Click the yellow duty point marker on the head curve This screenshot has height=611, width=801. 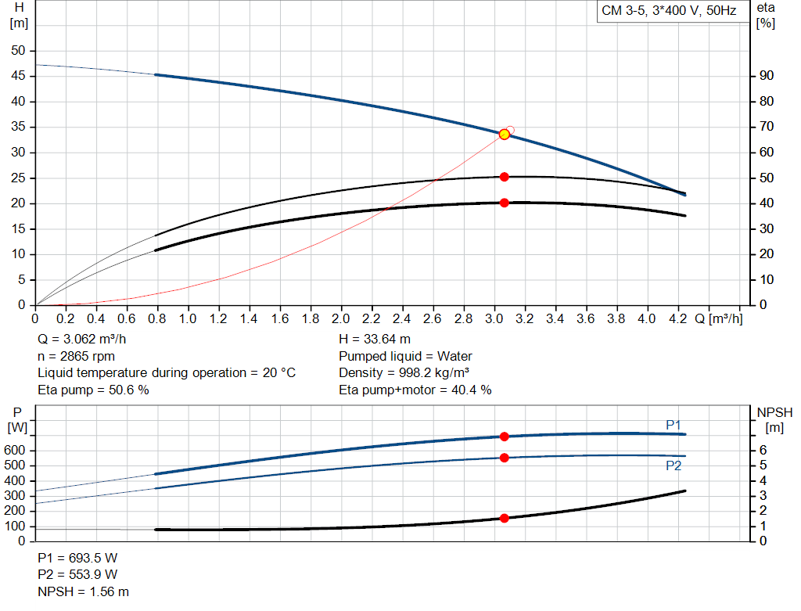(x=505, y=135)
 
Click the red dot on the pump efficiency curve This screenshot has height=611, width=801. (x=505, y=177)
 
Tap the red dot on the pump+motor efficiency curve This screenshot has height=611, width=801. (x=505, y=203)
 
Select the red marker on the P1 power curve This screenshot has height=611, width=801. (x=505, y=437)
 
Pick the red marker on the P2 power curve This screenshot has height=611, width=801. (x=505, y=458)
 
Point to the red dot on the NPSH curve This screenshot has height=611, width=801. (x=505, y=518)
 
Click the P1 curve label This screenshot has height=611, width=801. (x=673, y=425)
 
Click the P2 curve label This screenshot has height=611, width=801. (x=673, y=465)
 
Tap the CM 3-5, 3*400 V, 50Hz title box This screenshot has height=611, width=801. (x=668, y=12)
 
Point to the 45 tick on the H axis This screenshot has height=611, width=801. (x=18, y=76)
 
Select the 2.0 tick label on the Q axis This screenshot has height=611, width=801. (x=340, y=319)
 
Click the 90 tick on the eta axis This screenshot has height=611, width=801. (x=767, y=76)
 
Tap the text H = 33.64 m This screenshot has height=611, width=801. (x=375, y=340)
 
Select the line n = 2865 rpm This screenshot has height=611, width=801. (x=76, y=356)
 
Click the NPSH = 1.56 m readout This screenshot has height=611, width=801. (x=84, y=591)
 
